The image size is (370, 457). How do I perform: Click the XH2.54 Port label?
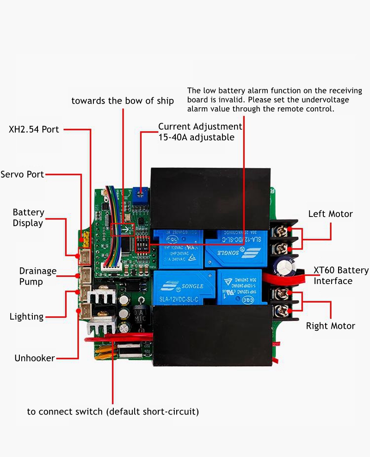click(x=34, y=130)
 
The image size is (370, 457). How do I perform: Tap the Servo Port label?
click(x=22, y=174)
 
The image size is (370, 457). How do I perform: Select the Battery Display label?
click(x=28, y=218)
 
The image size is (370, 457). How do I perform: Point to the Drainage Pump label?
click(x=37, y=276)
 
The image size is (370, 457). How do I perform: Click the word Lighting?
click(x=26, y=317)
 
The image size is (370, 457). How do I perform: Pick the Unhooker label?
click(x=35, y=358)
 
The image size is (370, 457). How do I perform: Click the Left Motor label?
click(x=330, y=214)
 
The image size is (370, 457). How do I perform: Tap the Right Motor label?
click(x=330, y=326)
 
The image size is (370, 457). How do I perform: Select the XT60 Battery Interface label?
click(x=341, y=276)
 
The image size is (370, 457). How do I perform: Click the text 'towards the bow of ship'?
click(x=123, y=101)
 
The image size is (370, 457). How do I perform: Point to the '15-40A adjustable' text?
click(x=196, y=137)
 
